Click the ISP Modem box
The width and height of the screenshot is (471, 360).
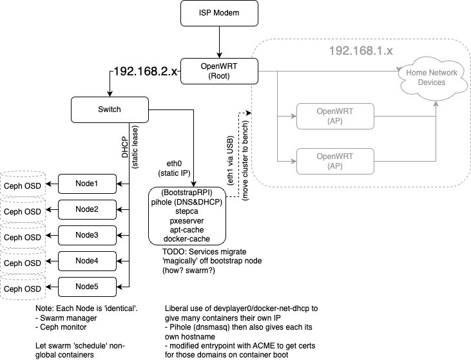coord(219,13)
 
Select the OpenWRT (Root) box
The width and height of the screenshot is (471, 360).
coord(219,71)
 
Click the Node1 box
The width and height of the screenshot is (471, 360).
coord(87,184)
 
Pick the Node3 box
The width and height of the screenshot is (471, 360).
coord(87,235)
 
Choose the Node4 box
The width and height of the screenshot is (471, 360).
coord(87,261)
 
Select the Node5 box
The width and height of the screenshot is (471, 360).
coord(87,287)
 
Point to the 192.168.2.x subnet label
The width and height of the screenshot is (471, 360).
coord(145,71)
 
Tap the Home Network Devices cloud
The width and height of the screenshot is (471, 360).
coord(431,77)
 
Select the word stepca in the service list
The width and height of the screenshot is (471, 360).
coord(187,211)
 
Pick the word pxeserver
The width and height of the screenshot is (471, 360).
coord(187,220)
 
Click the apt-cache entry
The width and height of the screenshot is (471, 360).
coord(187,229)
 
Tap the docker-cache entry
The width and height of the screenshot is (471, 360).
coord(187,239)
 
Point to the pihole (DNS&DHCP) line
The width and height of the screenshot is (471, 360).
coord(187,202)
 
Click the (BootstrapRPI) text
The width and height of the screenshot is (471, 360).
coord(187,193)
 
